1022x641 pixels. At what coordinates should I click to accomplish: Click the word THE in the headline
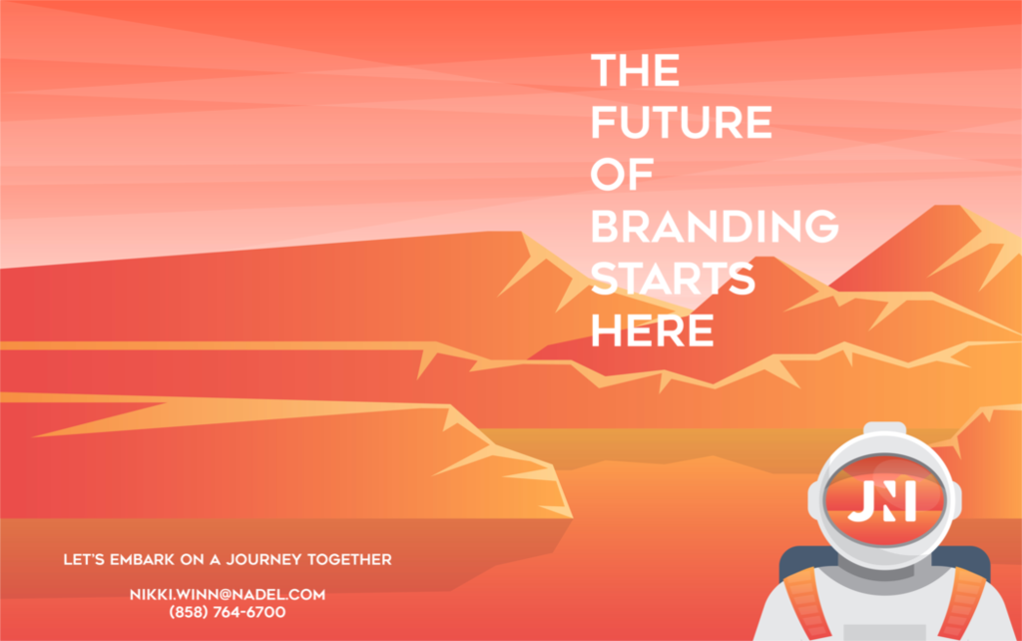635,71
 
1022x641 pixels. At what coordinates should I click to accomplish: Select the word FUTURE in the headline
681,122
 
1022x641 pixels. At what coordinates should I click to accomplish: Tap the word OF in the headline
622,174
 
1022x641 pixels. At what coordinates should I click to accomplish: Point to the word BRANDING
715,227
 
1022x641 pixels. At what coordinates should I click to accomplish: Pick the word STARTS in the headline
673,279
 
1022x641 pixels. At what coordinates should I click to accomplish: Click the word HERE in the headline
652,330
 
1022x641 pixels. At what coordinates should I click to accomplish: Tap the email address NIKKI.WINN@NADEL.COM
228,595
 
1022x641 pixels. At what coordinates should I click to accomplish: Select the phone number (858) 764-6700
228,612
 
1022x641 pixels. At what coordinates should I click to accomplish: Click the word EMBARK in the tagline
142,559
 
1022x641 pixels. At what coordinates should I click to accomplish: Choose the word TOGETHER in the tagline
349,559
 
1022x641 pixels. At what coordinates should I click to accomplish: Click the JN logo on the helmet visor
882,501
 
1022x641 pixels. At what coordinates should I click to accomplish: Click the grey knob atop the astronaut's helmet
884,428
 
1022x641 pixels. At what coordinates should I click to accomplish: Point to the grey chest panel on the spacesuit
884,633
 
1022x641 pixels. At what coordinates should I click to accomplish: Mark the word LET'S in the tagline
84,559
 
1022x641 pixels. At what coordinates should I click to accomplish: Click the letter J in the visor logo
861,502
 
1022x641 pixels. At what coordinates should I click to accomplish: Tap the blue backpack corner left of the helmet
799,562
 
